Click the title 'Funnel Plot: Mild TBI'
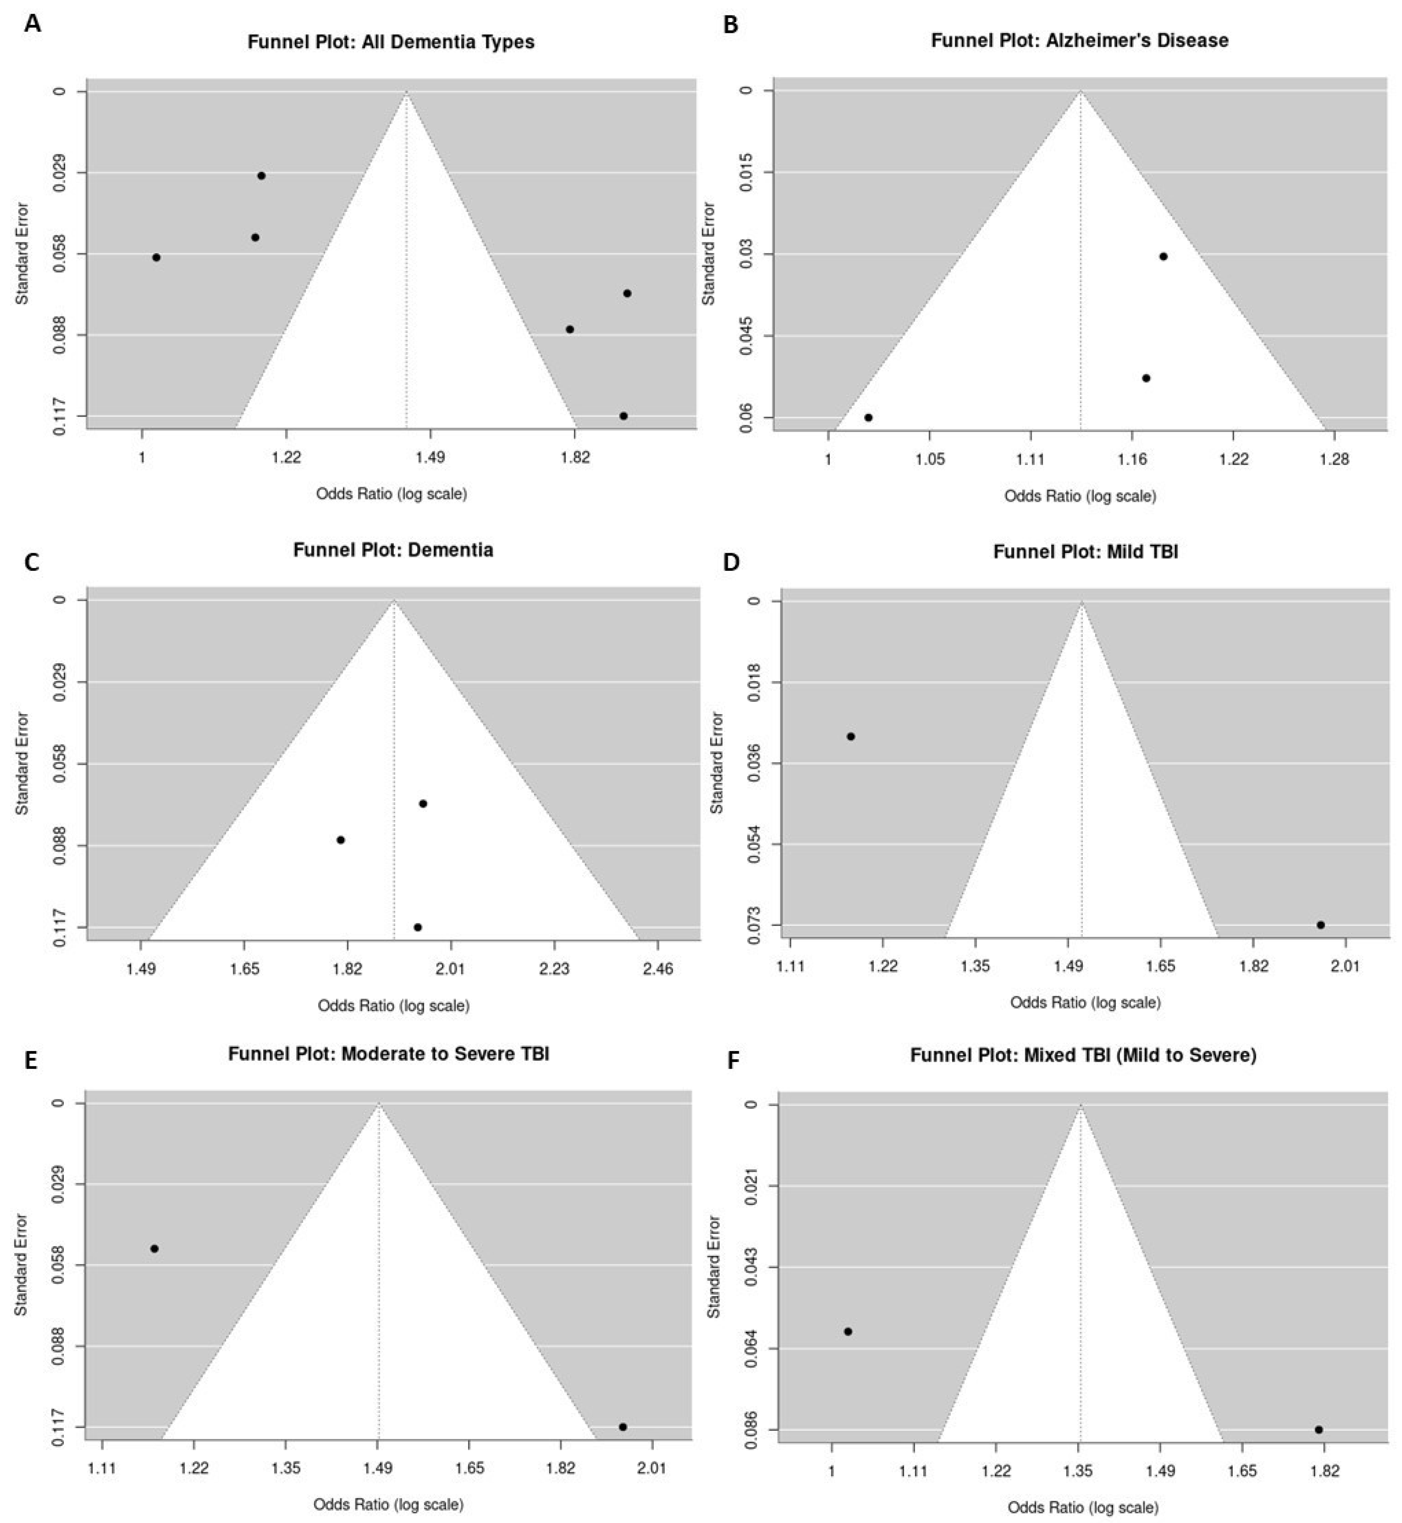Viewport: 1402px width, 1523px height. [x=1086, y=552]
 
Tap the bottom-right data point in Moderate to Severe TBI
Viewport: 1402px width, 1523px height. [x=623, y=1427]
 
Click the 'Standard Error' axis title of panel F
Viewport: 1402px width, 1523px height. [x=714, y=1266]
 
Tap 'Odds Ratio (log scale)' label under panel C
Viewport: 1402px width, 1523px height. [x=394, y=1006]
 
